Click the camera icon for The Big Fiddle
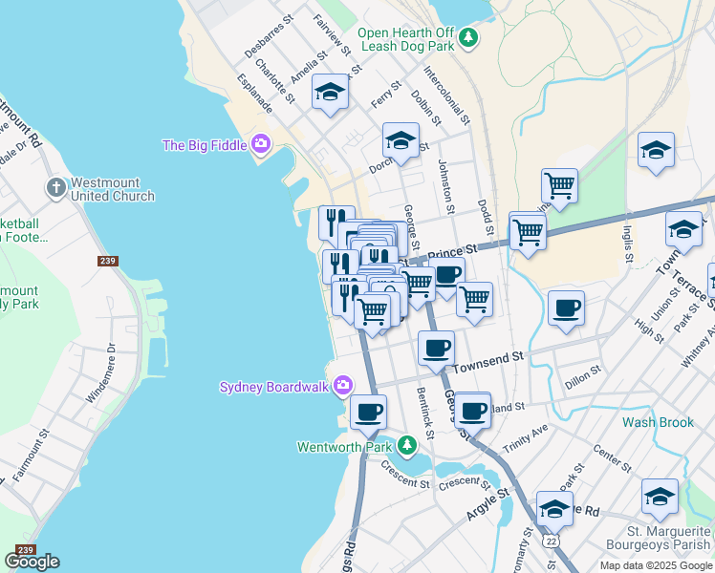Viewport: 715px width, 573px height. pyautogui.click(x=261, y=145)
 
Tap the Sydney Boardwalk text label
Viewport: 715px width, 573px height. pyautogui.click(x=273, y=387)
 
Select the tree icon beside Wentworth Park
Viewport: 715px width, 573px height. pyautogui.click(x=408, y=446)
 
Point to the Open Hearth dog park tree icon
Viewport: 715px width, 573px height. pyautogui.click(x=467, y=38)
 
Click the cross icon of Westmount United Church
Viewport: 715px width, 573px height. pyautogui.click(x=56, y=186)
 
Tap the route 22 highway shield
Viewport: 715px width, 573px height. pyautogui.click(x=551, y=541)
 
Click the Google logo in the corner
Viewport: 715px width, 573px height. pyautogui.click(x=32, y=562)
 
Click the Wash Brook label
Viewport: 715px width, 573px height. pyautogui.click(x=658, y=421)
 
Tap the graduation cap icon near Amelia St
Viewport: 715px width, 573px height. pyautogui.click(x=331, y=93)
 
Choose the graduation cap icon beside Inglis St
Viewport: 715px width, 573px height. pyautogui.click(x=656, y=151)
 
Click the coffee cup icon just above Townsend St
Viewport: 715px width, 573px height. pyautogui.click(x=436, y=348)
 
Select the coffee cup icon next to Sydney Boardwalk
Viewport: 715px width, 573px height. pyautogui.click(x=367, y=413)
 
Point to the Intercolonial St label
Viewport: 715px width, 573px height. pyautogui.click(x=447, y=95)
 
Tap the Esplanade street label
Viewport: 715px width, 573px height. pyautogui.click(x=255, y=94)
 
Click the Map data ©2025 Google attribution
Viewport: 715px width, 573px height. pyautogui.click(x=656, y=565)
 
